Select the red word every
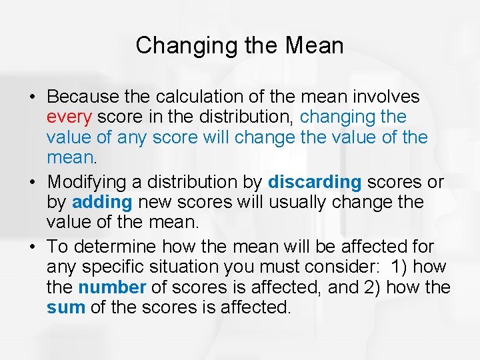coord(69,117)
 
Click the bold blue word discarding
coord(315,182)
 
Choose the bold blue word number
coord(111,288)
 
